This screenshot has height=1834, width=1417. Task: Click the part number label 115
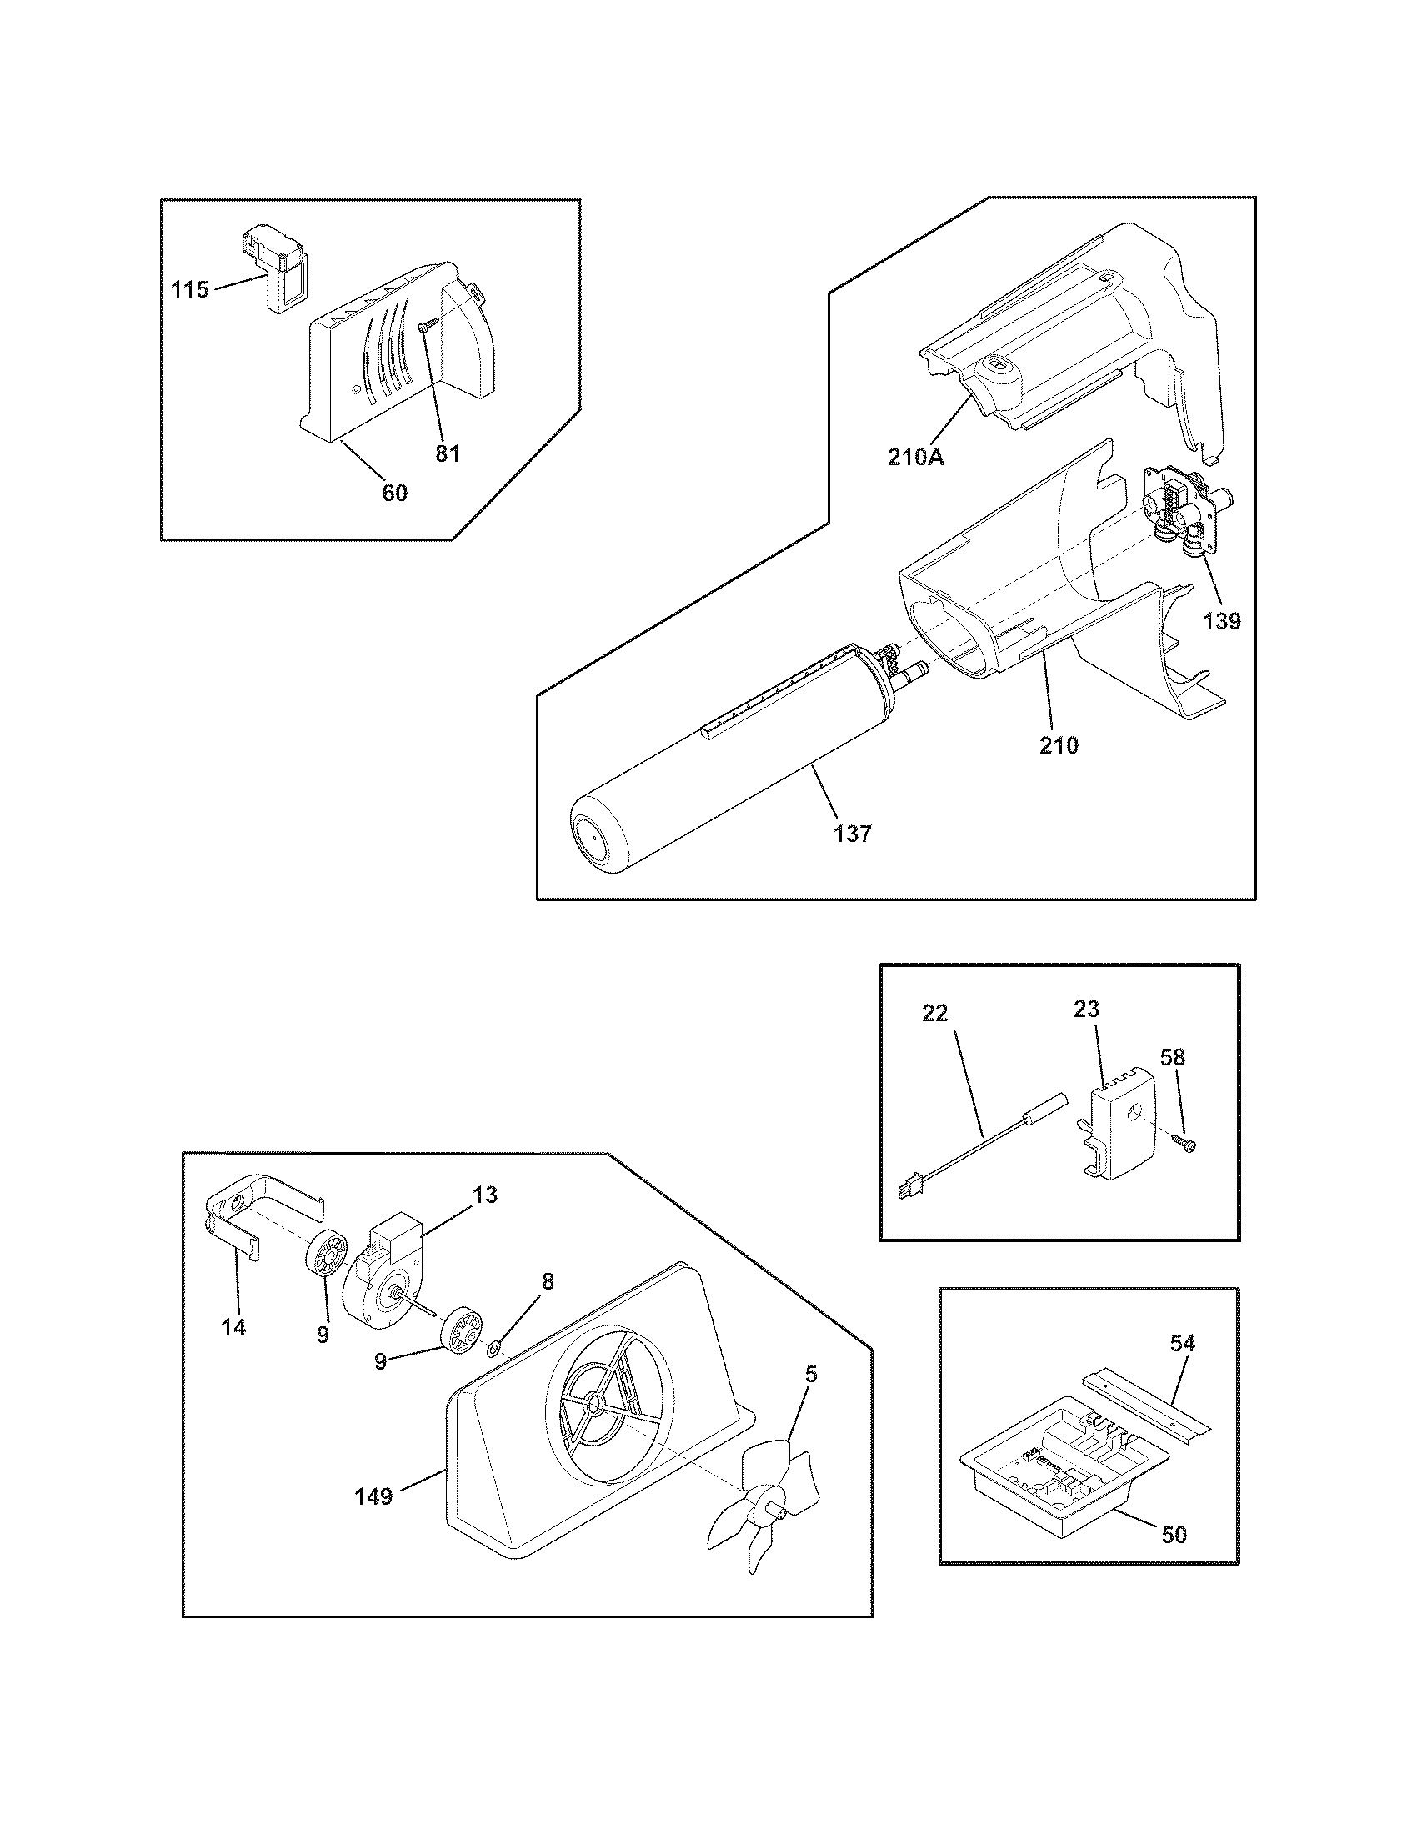[x=190, y=291]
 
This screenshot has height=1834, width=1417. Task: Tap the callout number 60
[x=394, y=493]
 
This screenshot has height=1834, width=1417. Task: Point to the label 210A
[x=916, y=458]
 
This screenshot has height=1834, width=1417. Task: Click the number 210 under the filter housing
[x=1059, y=744]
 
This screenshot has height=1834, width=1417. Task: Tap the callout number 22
[x=934, y=1014]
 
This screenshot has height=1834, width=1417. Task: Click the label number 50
[x=1174, y=1534]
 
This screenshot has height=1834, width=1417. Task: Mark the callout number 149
[x=373, y=1496]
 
